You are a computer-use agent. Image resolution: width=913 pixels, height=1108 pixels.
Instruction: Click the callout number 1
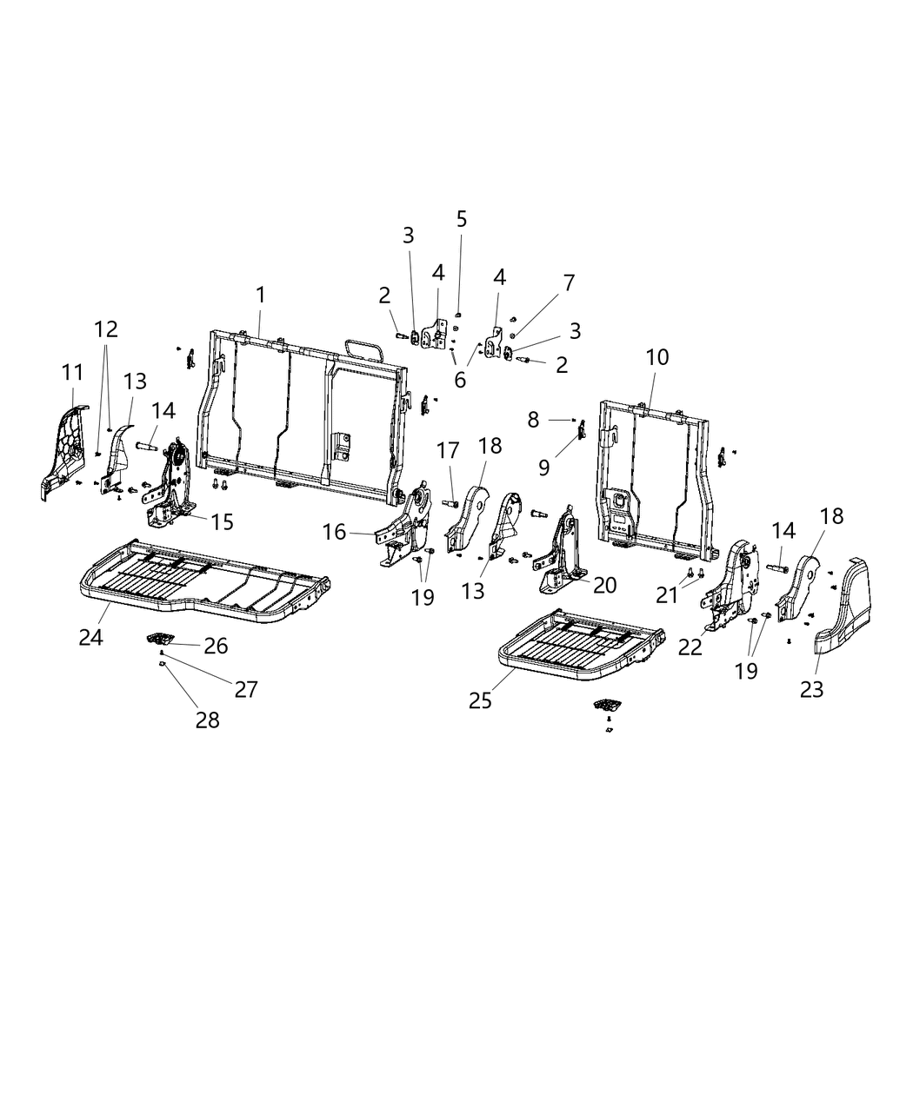pos(261,295)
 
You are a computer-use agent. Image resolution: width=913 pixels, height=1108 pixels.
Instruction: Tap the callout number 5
pos(461,219)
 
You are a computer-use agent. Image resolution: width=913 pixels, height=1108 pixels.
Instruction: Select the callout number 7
pos(569,282)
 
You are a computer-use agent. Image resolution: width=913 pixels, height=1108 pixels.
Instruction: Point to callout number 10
pos(657,357)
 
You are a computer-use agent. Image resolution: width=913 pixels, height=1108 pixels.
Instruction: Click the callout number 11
pos(73,373)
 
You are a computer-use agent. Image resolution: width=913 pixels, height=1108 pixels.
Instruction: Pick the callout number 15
pos(223,521)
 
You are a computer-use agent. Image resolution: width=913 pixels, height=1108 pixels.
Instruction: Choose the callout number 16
pos(335,532)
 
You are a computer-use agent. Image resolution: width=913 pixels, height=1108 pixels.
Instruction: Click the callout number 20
pos(604,585)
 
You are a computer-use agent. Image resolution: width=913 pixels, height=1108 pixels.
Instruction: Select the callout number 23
pos(812,689)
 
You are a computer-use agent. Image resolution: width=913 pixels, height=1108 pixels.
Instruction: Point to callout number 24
pos(90,637)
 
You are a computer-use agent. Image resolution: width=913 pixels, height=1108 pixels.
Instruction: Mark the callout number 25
pos(480,700)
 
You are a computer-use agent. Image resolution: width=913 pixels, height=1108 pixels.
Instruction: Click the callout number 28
pos(207,720)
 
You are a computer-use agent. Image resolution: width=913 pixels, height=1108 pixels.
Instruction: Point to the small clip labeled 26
pos(158,640)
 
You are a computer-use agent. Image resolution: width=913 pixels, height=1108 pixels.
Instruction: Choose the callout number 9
pos(544,468)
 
